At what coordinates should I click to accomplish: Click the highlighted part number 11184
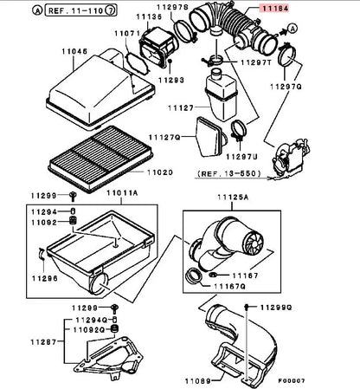(275, 9)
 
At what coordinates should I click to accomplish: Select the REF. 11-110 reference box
(81, 10)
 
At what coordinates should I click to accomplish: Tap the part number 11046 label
(74, 51)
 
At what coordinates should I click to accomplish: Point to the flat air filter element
(100, 159)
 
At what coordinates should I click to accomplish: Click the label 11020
(160, 172)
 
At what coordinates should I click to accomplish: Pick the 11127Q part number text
(164, 137)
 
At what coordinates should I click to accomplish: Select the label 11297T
(256, 62)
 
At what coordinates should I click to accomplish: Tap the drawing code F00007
(292, 380)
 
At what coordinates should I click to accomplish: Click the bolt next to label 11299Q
(247, 307)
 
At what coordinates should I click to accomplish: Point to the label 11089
(198, 381)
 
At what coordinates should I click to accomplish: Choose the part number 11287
(44, 342)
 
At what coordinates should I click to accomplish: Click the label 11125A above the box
(233, 197)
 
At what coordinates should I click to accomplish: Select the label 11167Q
(229, 286)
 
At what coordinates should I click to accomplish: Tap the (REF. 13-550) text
(229, 173)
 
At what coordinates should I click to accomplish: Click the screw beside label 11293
(170, 62)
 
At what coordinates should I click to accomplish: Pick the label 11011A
(122, 192)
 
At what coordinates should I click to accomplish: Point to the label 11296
(45, 278)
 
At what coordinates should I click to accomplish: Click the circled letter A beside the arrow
(292, 29)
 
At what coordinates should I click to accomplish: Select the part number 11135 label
(149, 16)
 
